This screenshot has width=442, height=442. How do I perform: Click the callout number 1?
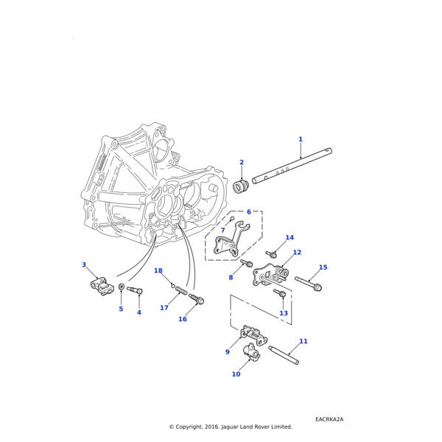click(x=300, y=139)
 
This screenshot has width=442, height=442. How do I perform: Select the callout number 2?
click(x=241, y=162)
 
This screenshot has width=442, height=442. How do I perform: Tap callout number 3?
click(x=84, y=264)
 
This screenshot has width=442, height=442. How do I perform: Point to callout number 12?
click(x=297, y=253)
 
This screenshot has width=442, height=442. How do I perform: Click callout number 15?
click(x=323, y=267)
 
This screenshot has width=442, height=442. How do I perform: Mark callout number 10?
click(x=236, y=374)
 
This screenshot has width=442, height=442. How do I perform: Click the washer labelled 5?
click(x=122, y=287)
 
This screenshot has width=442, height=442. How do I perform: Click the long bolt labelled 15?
click(x=308, y=283)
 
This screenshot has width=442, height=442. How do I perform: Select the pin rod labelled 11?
click(x=284, y=354)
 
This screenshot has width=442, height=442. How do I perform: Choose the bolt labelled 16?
click(x=197, y=298)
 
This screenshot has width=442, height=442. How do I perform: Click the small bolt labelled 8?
click(x=247, y=264)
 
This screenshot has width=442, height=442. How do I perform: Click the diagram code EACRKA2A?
click(x=329, y=419)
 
